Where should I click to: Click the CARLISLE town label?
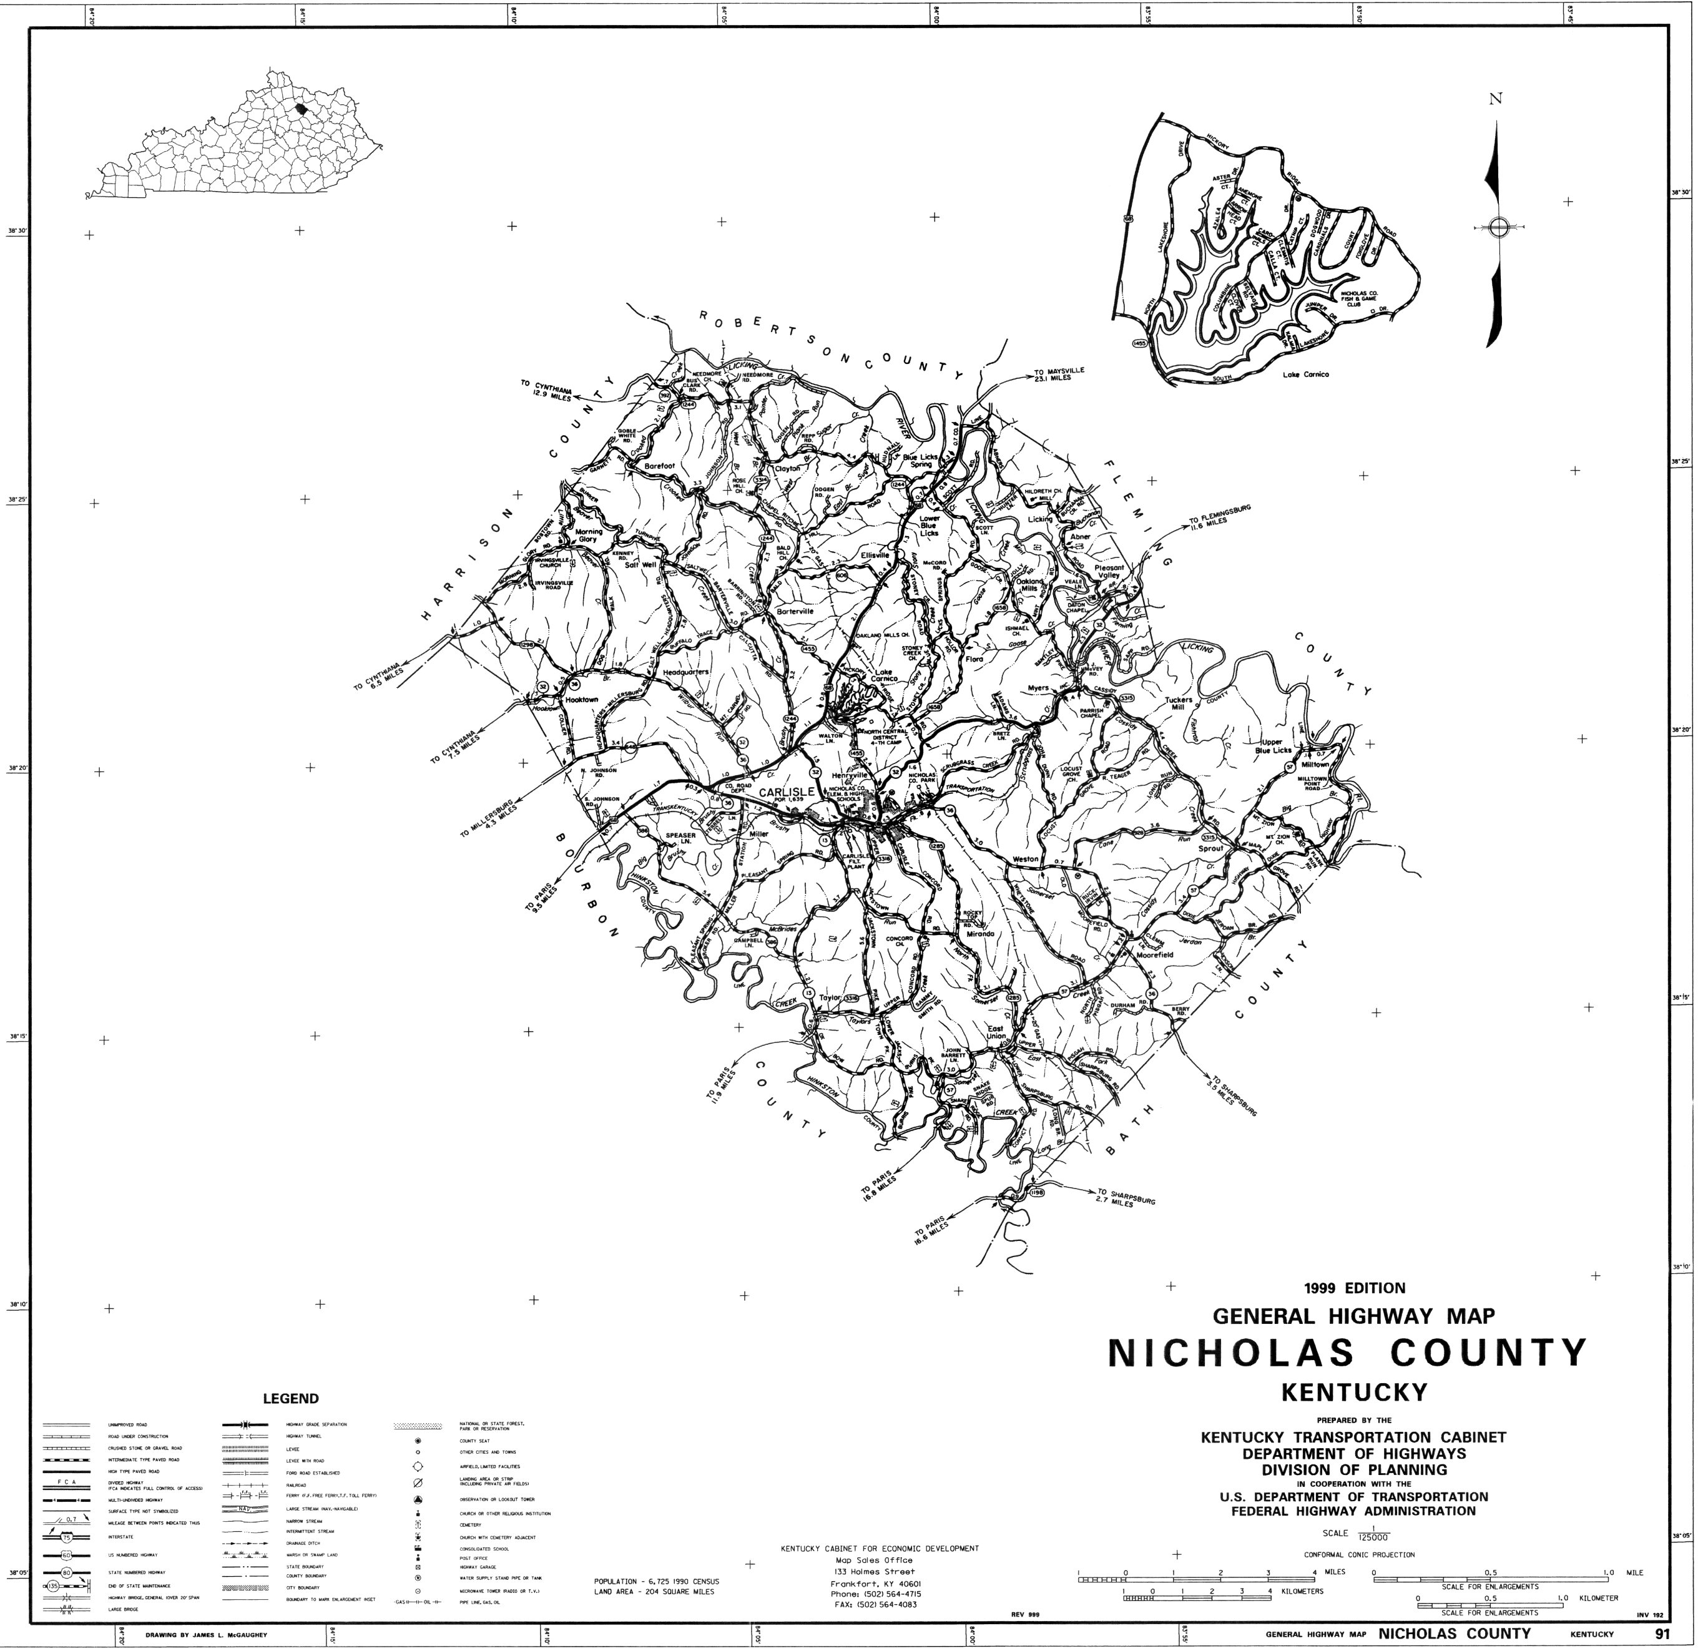click(787, 791)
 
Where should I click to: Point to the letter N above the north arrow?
click(1495, 99)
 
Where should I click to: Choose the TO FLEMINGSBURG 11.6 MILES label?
click(1221, 517)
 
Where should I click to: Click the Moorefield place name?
click(1154, 954)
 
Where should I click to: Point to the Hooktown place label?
click(581, 699)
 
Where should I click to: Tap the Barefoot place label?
click(659, 466)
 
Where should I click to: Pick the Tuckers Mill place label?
click(1179, 703)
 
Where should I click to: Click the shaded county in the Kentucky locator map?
click(301, 109)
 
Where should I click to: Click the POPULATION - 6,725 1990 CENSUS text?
click(657, 1582)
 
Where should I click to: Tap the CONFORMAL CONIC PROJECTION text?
click(1359, 1555)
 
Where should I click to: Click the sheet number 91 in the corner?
click(1662, 1634)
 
